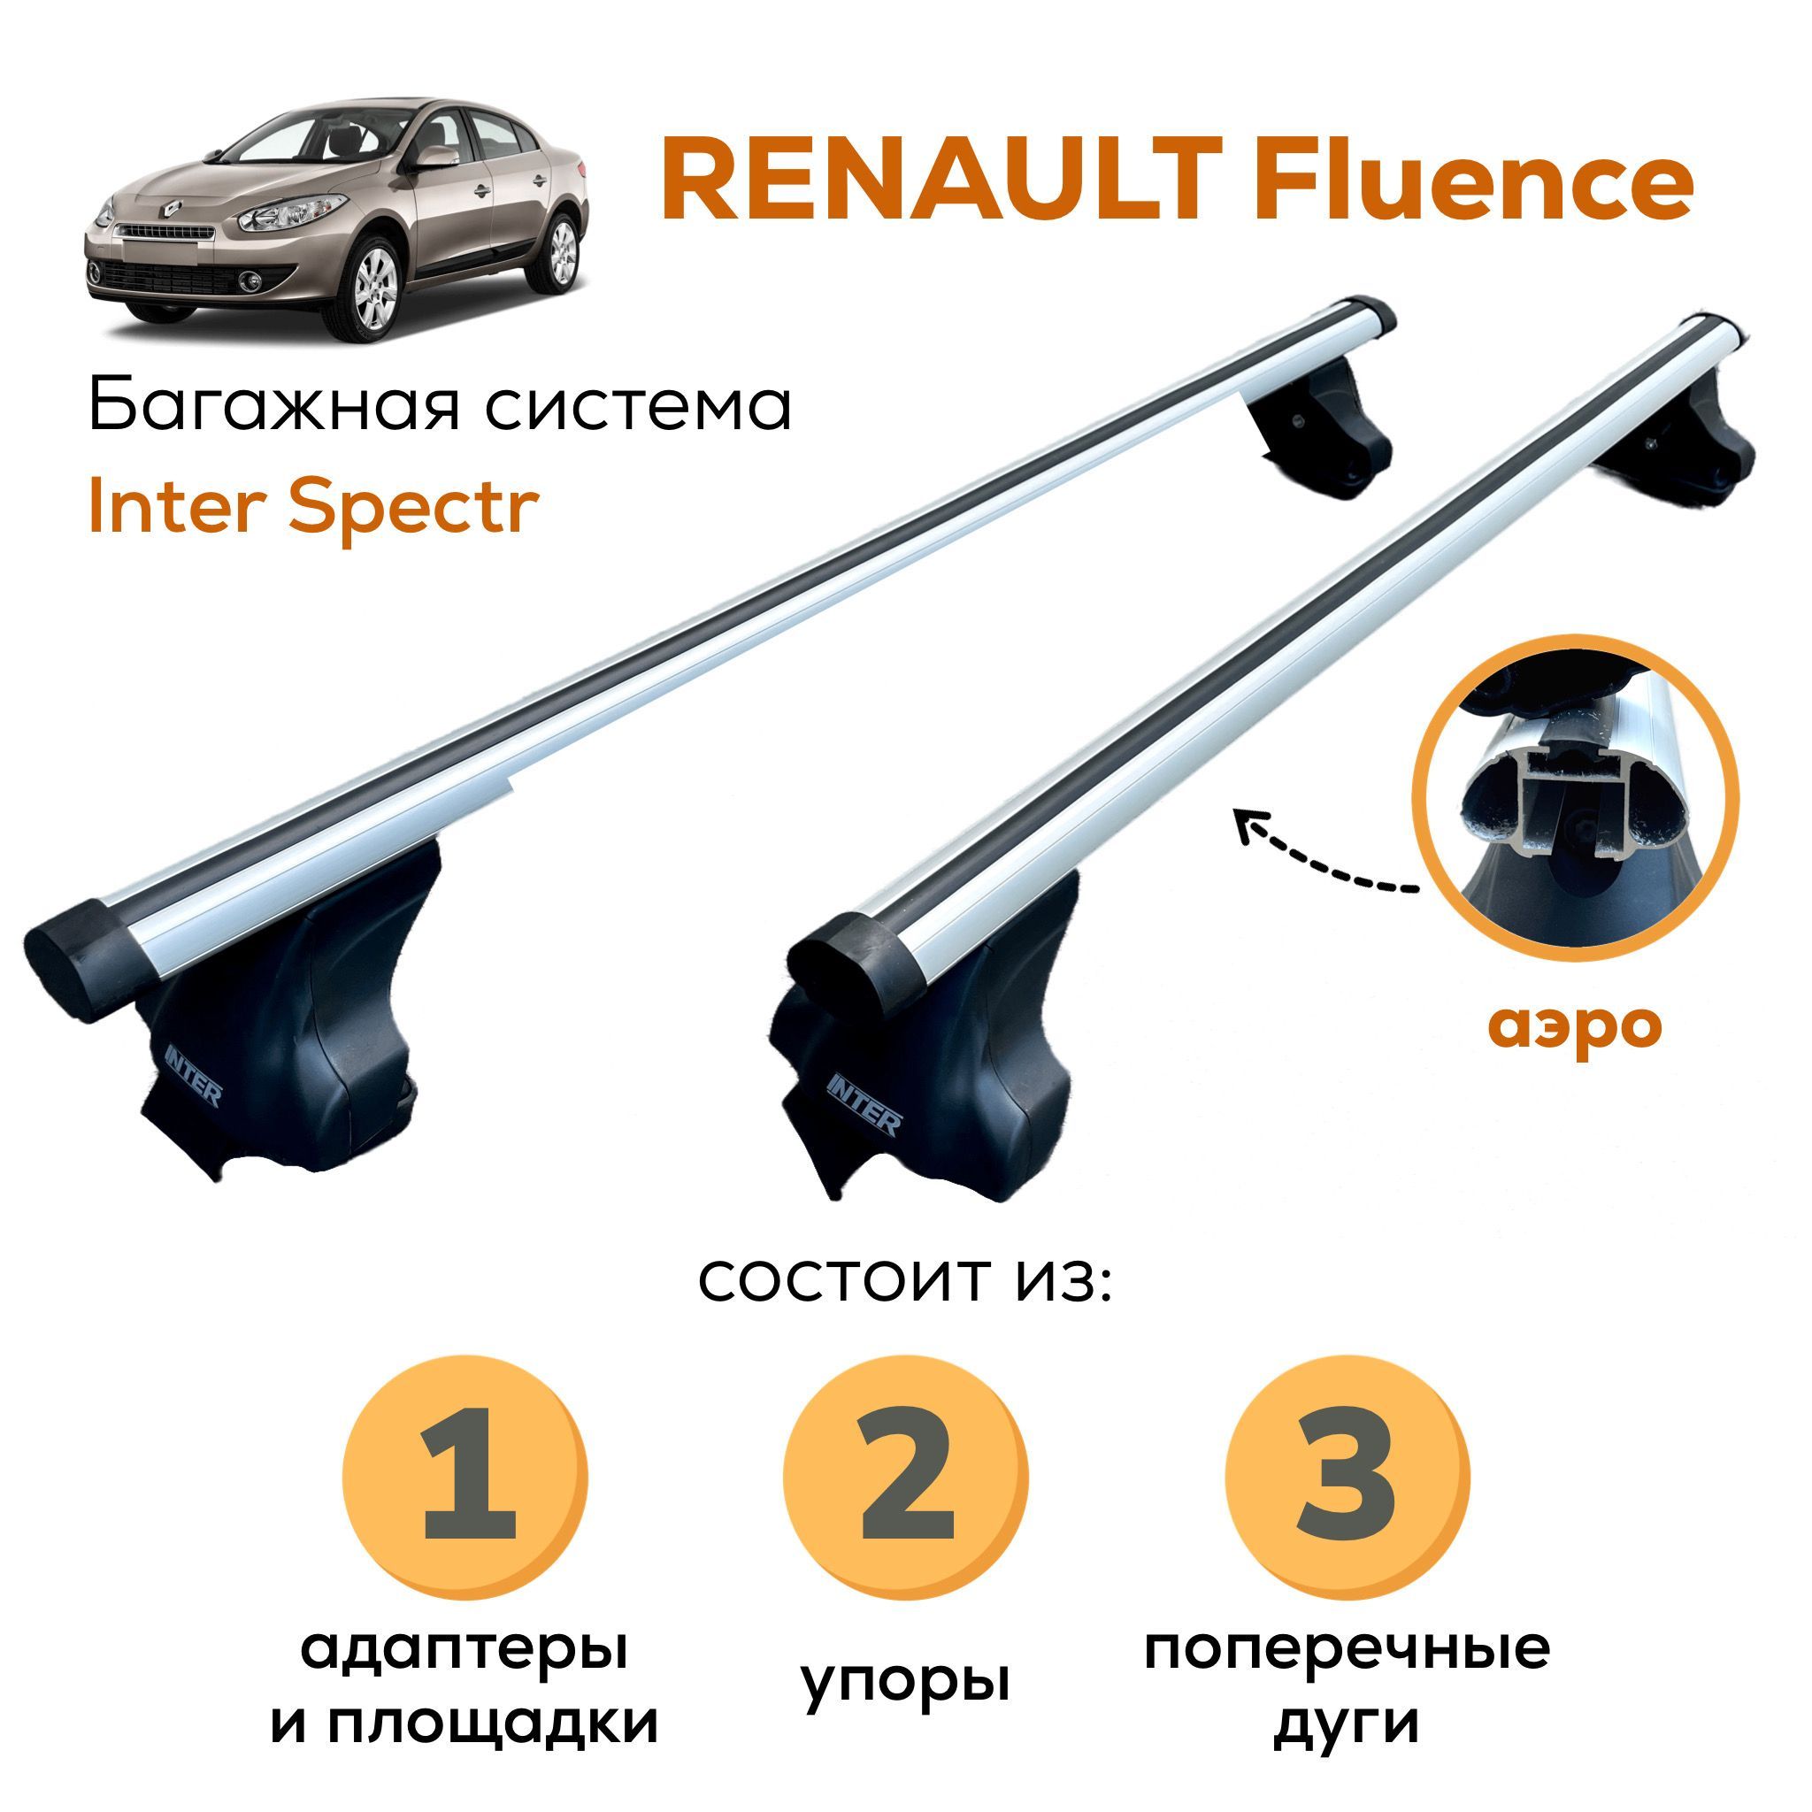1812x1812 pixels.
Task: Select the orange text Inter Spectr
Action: pos(313,511)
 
